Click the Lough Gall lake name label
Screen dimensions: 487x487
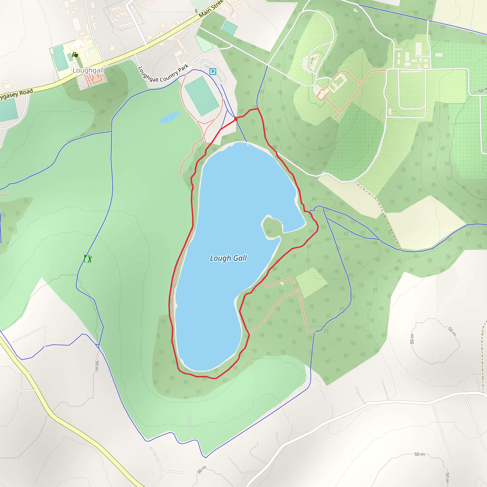tap(228, 258)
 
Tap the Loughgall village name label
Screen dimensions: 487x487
tap(88, 70)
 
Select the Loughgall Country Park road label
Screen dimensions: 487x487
tap(163, 74)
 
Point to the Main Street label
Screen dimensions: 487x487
tap(211, 9)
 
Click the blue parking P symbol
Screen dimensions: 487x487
tap(213, 72)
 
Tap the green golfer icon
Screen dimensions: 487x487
tap(88, 259)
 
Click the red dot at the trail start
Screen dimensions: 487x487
tap(236, 119)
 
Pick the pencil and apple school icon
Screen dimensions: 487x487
tap(75, 54)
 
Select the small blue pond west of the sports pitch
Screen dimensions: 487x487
tap(169, 117)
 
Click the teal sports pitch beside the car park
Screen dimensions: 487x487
tap(202, 96)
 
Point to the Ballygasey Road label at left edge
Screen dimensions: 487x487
tap(16, 94)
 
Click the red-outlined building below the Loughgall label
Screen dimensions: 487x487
tap(95, 79)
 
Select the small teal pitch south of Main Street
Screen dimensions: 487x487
tap(229, 28)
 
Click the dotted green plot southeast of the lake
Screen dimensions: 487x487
tap(311, 282)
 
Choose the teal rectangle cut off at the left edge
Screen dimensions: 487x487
tap(8, 110)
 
